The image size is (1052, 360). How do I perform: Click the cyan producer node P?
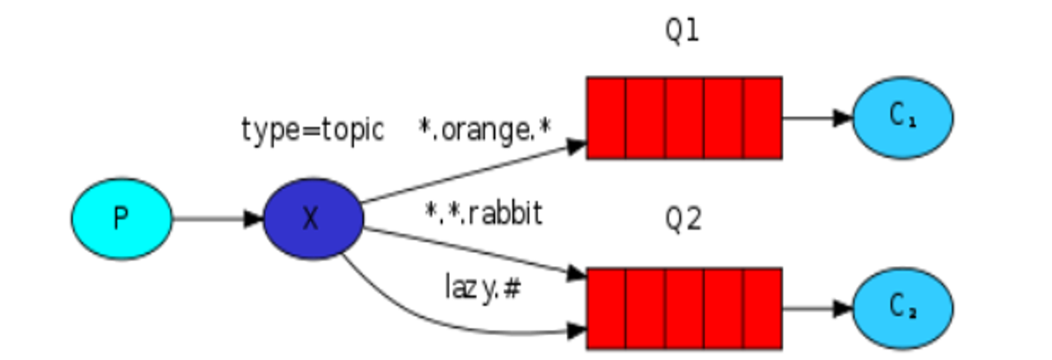click(122, 219)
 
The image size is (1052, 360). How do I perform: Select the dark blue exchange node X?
click(313, 219)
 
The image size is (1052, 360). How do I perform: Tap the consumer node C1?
click(902, 118)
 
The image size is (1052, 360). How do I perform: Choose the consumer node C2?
click(902, 308)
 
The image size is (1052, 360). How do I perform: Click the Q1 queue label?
click(683, 32)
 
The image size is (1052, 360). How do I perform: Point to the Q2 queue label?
click(683, 220)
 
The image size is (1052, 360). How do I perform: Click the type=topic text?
click(312, 130)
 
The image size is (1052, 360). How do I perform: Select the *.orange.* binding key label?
click(485, 130)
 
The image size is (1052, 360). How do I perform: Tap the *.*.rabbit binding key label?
click(484, 213)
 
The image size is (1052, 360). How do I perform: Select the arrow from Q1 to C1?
click(817, 118)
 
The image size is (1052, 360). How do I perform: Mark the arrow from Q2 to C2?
click(817, 308)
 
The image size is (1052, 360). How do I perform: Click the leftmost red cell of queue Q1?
click(606, 118)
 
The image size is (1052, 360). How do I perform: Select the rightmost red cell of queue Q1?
click(762, 118)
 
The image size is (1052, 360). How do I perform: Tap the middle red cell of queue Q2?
click(684, 308)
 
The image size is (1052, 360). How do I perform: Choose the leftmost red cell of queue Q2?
click(606, 308)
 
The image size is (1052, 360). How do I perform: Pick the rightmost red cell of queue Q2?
click(762, 308)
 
